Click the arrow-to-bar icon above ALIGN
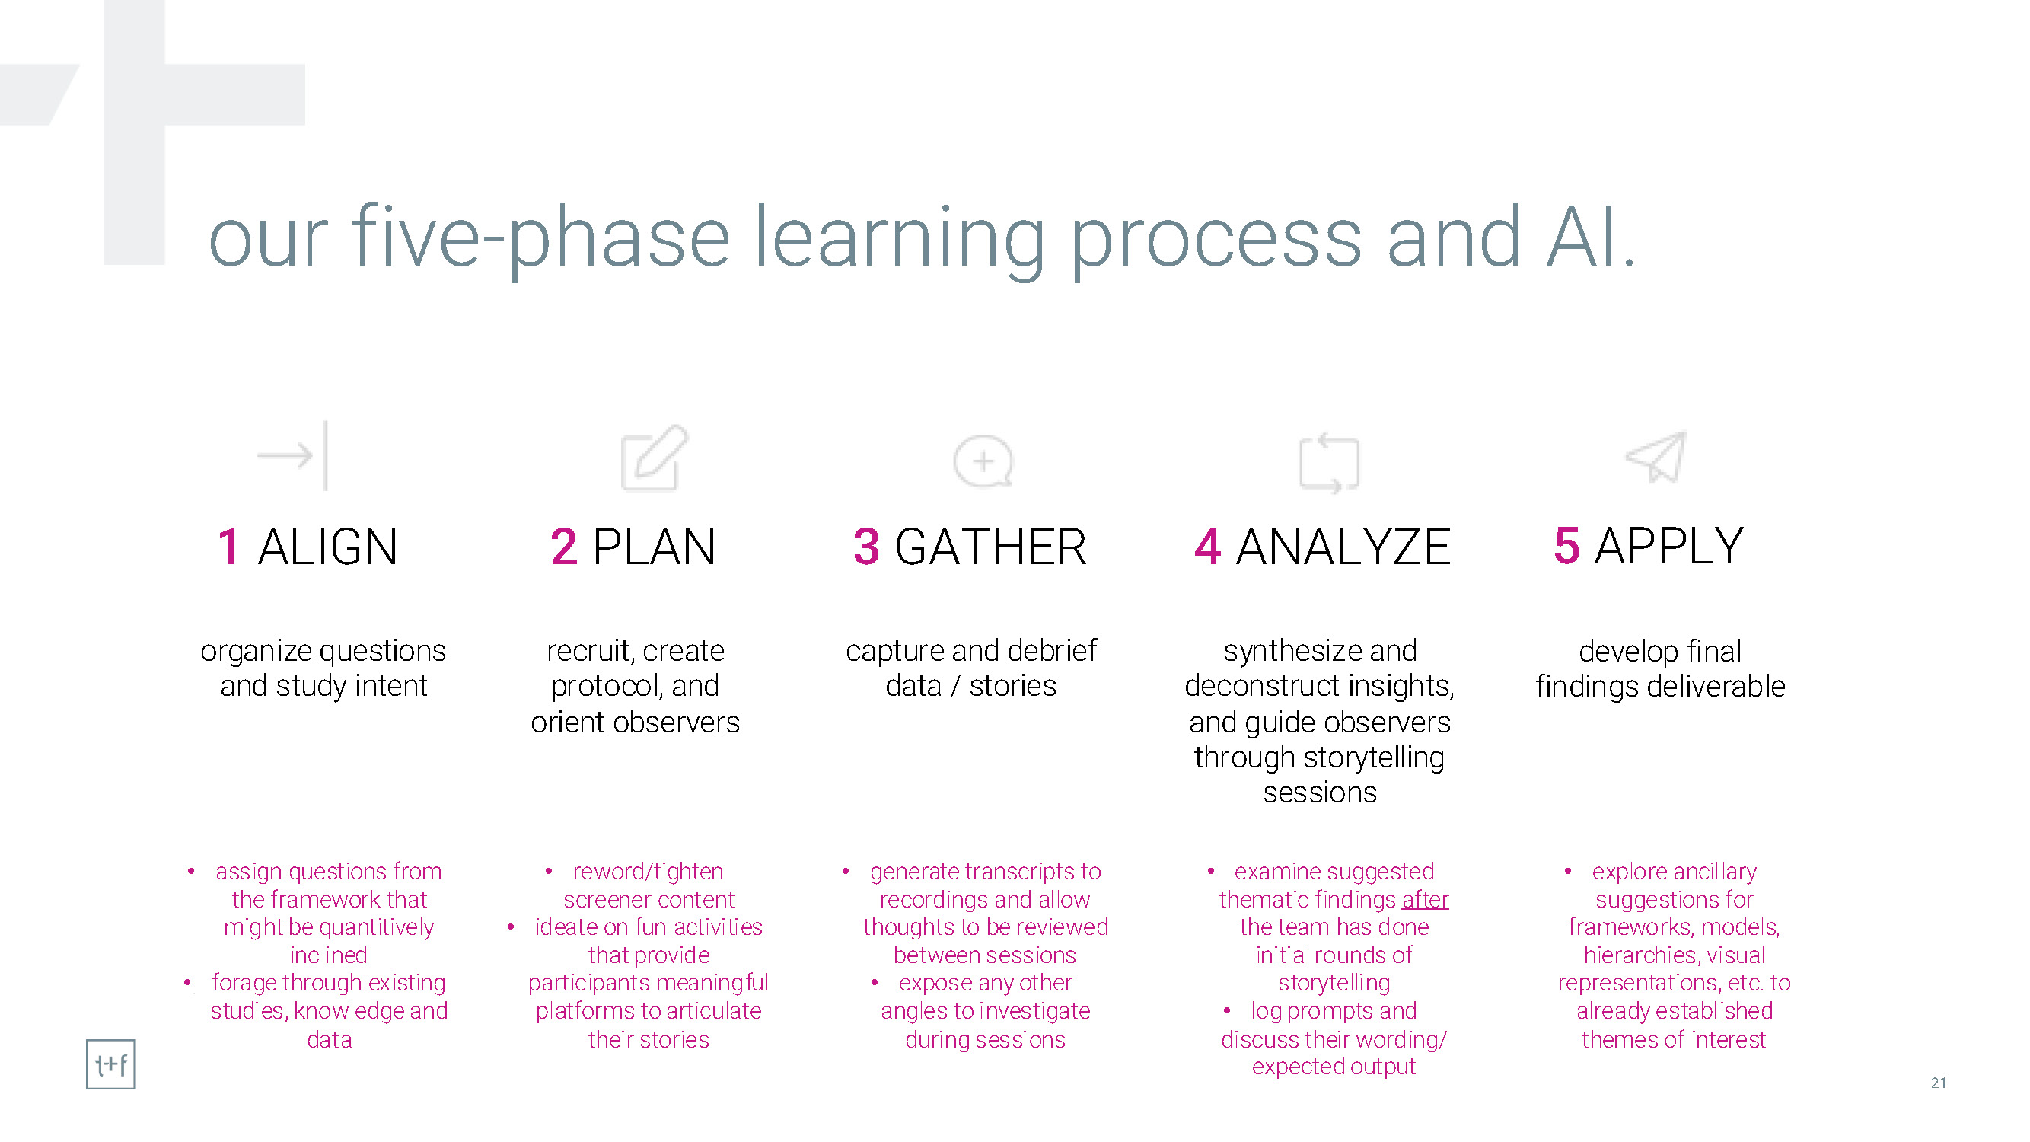(x=292, y=455)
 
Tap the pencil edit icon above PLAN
(x=654, y=457)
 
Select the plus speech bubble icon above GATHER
(x=983, y=461)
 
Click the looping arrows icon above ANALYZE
(x=1330, y=463)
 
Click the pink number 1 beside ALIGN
(x=228, y=546)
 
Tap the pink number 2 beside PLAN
(x=563, y=546)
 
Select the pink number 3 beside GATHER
(x=866, y=546)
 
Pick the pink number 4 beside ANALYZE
(x=1207, y=546)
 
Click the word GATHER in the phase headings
(x=990, y=546)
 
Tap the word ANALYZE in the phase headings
(x=1343, y=546)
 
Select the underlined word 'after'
(x=1425, y=899)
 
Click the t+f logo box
(x=110, y=1065)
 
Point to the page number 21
(x=1939, y=1083)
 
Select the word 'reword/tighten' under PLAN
(x=648, y=872)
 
